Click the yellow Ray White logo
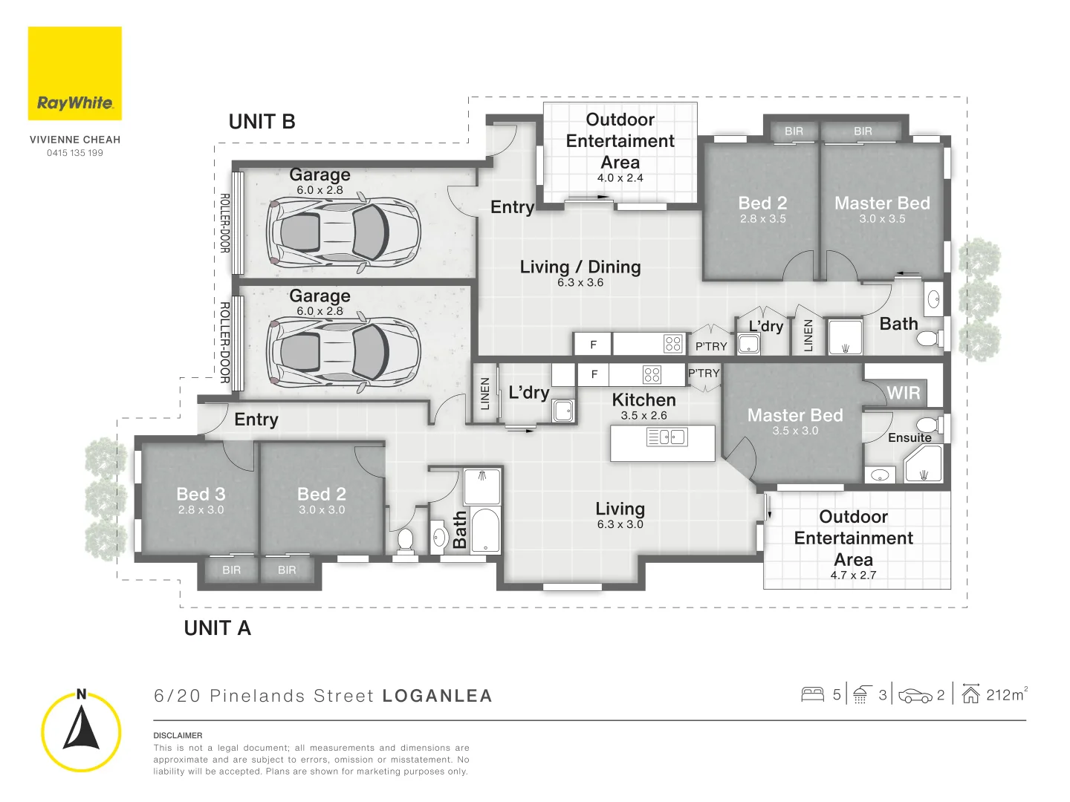click(x=74, y=73)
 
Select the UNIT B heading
click(x=262, y=122)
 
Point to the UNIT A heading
click(x=218, y=628)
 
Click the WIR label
click(x=904, y=393)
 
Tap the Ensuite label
click(x=909, y=437)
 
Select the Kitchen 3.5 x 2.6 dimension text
click(x=644, y=415)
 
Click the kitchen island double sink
click(x=667, y=437)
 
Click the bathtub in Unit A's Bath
click(x=485, y=530)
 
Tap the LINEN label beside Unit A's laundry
click(x=484, y=394)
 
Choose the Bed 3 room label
click(x=201, y=494)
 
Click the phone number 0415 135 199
click(x=75, y=153)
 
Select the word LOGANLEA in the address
click(x=437, y=696)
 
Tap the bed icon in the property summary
click(x=813, y=694)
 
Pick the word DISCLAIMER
click(x=178, y=735)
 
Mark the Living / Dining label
click(x=580, y=267)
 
